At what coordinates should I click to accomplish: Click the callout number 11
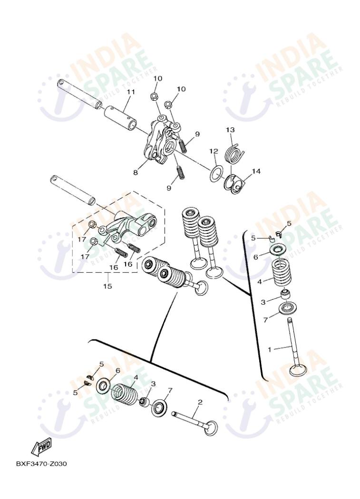pos(130,92)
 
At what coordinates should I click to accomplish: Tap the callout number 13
pos(230,130)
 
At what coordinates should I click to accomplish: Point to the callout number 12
pos(214,151)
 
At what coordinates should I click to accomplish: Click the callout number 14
pos(256,171)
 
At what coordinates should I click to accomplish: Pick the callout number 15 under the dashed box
pos(107,286)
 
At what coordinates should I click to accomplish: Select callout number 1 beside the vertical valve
pos(269,349)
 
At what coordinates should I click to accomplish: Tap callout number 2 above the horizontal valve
pos(200,402)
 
